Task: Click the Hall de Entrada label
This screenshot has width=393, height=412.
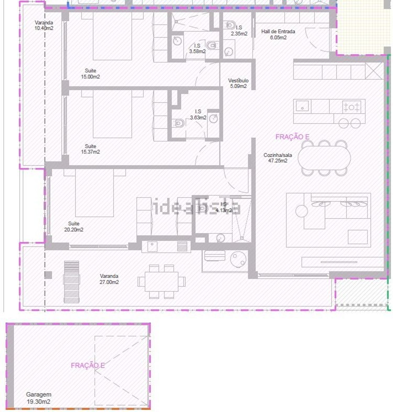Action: click(x=278, y=34)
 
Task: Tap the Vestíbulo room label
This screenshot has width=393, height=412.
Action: click(x=238, y=83)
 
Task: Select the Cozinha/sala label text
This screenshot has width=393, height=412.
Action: click(x=277, y=158)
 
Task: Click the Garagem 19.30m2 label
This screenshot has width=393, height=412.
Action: click(x=39, y=398)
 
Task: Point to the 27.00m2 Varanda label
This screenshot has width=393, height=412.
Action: click(x=109, y=279)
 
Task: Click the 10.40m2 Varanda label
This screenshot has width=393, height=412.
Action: click(x=44, y=25)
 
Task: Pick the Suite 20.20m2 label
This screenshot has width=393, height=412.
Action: click(x=74, y=226)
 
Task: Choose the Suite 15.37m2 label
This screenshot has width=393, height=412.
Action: click(x=90, y=149)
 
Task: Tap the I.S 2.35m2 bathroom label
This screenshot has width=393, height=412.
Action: click(x=239, y=30)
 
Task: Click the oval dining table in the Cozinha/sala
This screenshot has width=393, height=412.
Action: click(x=324, y=158)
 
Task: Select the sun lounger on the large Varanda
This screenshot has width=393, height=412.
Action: click(x=72, y=282)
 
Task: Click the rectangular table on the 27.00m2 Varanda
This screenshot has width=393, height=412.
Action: click(x=162, y=281)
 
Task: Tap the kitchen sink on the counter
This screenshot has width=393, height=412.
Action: click(x=302, y=106)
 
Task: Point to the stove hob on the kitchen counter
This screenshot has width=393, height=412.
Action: click(x=351, y=107)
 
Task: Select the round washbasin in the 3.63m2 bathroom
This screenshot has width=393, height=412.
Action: click(x=214, y=118)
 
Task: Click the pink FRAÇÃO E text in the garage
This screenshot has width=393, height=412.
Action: click(x=88, y=365)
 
